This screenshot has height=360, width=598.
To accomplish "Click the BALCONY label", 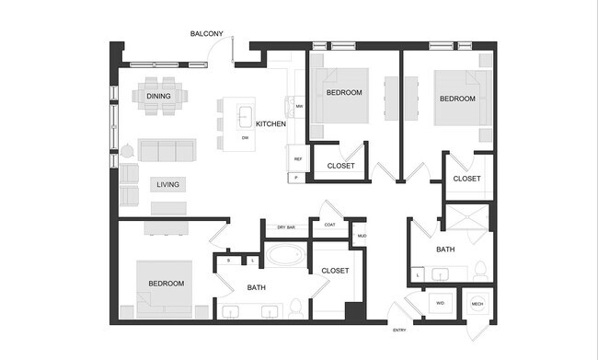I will click(206, 34).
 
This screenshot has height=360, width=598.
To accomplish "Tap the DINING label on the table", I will click(158, 96).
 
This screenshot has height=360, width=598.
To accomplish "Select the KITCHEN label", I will click(270, 123).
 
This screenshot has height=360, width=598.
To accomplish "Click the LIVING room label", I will click(167, 184).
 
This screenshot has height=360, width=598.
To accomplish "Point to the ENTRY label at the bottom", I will click(399, 330).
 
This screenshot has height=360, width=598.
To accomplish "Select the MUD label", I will click(362, 236).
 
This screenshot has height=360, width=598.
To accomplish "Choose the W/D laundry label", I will click(440, 302).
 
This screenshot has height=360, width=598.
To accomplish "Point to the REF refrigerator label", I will click(298, 159).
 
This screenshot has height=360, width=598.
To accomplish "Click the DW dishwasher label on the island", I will click(246, 138).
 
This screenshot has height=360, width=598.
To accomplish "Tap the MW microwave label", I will click(300, 107).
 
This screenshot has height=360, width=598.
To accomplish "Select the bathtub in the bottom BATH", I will click(285, 254).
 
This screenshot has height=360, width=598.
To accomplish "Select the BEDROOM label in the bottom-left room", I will click(167, 284).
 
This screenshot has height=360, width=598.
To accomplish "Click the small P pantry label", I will click(296, 177).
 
